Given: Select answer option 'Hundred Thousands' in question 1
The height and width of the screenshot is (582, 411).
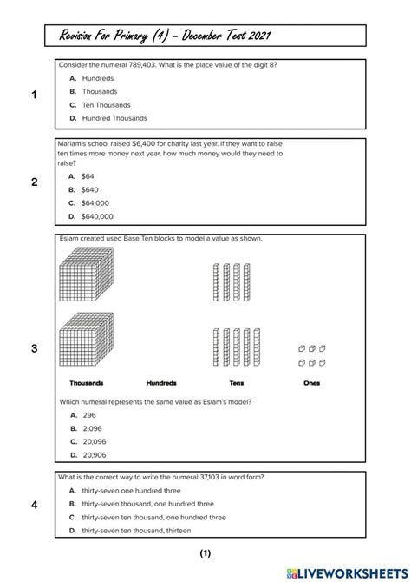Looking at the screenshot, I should click(114, 118).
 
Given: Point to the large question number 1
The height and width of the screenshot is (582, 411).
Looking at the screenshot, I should click(34, 96).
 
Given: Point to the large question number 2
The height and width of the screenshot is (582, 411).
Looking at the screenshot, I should click(34, 182).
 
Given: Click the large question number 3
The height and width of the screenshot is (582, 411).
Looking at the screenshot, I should click(34, 348).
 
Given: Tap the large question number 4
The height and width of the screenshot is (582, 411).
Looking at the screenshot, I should click(34, 505).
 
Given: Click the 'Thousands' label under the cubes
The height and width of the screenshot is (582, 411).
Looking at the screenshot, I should click(87, 383).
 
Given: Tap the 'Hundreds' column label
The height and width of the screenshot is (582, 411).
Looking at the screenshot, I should click(161, 383).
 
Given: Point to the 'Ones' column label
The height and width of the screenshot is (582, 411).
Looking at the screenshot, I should click(311, 383).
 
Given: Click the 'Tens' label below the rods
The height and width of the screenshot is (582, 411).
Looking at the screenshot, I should click(237, 383).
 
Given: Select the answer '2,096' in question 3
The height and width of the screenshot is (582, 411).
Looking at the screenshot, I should click(92, 428).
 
